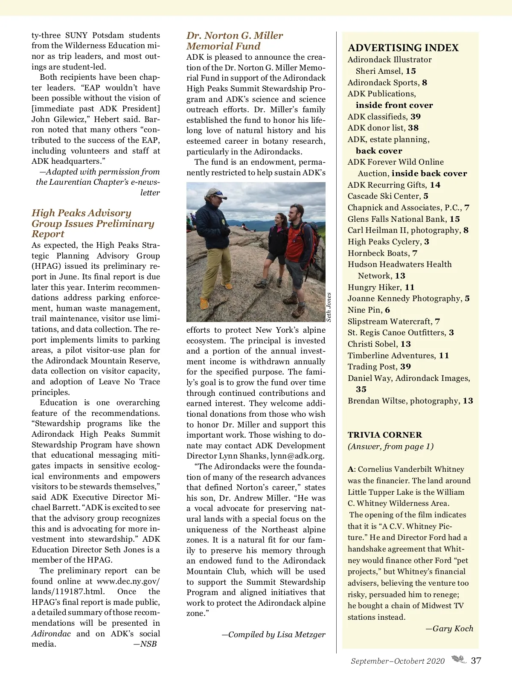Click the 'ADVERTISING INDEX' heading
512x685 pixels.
[x=403, y=48]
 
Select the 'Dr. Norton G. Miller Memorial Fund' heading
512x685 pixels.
[x=234, y=41]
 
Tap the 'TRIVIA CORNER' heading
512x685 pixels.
[x=384, y=435]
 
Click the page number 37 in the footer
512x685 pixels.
[x=476, y=661]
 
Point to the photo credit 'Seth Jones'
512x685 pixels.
[x=329, y=307]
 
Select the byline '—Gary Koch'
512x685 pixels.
[x=449, y=629]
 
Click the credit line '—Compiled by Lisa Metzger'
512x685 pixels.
[x=273, y=635]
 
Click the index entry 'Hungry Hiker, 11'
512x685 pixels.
[x=381, y=287]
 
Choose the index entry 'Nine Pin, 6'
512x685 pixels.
[x=369, y=310]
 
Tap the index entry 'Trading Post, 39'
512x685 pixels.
[x=379, y=367]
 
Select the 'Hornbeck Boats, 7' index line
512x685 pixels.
[x=382, y=253]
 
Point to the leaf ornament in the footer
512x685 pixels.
[x=459, y=660]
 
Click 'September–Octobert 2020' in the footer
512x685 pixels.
[x=398, y=661]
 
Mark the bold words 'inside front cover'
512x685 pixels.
[x=394, y=105]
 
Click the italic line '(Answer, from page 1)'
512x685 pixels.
[x=390, y=447]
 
